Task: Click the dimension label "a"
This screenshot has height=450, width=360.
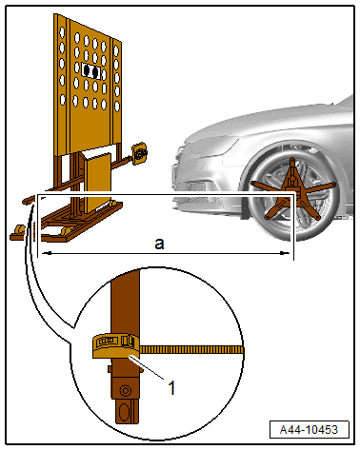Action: pos(159,244)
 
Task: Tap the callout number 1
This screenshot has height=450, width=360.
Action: pos(171,387)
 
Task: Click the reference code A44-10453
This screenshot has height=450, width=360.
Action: pos(309,430)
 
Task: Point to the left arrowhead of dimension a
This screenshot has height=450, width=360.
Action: pos(47,253)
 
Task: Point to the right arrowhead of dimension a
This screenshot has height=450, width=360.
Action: pos(284,253)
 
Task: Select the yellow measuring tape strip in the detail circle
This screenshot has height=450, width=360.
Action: pos(191,350)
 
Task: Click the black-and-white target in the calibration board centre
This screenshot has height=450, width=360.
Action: pos(90,71)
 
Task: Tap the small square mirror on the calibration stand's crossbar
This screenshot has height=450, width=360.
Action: pos(139,153)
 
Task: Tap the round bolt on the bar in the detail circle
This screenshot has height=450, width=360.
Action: pos(125,390)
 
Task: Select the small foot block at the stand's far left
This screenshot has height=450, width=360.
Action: pos(18,232)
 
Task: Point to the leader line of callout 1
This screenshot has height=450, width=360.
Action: pos(147,367)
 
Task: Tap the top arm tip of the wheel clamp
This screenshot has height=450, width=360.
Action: pos(292,161)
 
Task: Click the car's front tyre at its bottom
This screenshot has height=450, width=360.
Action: pos(288,236)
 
